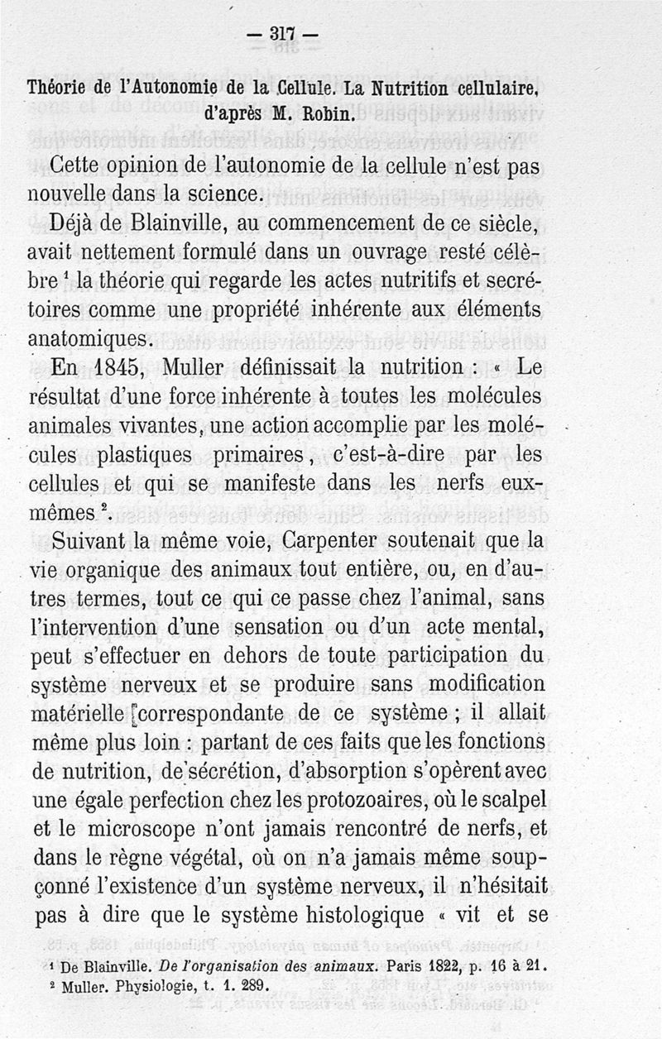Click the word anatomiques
(91, 338)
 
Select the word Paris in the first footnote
(406, 964)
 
